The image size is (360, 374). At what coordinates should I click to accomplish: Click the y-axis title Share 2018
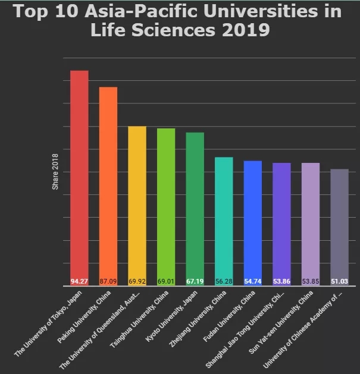tap(55, 172)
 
